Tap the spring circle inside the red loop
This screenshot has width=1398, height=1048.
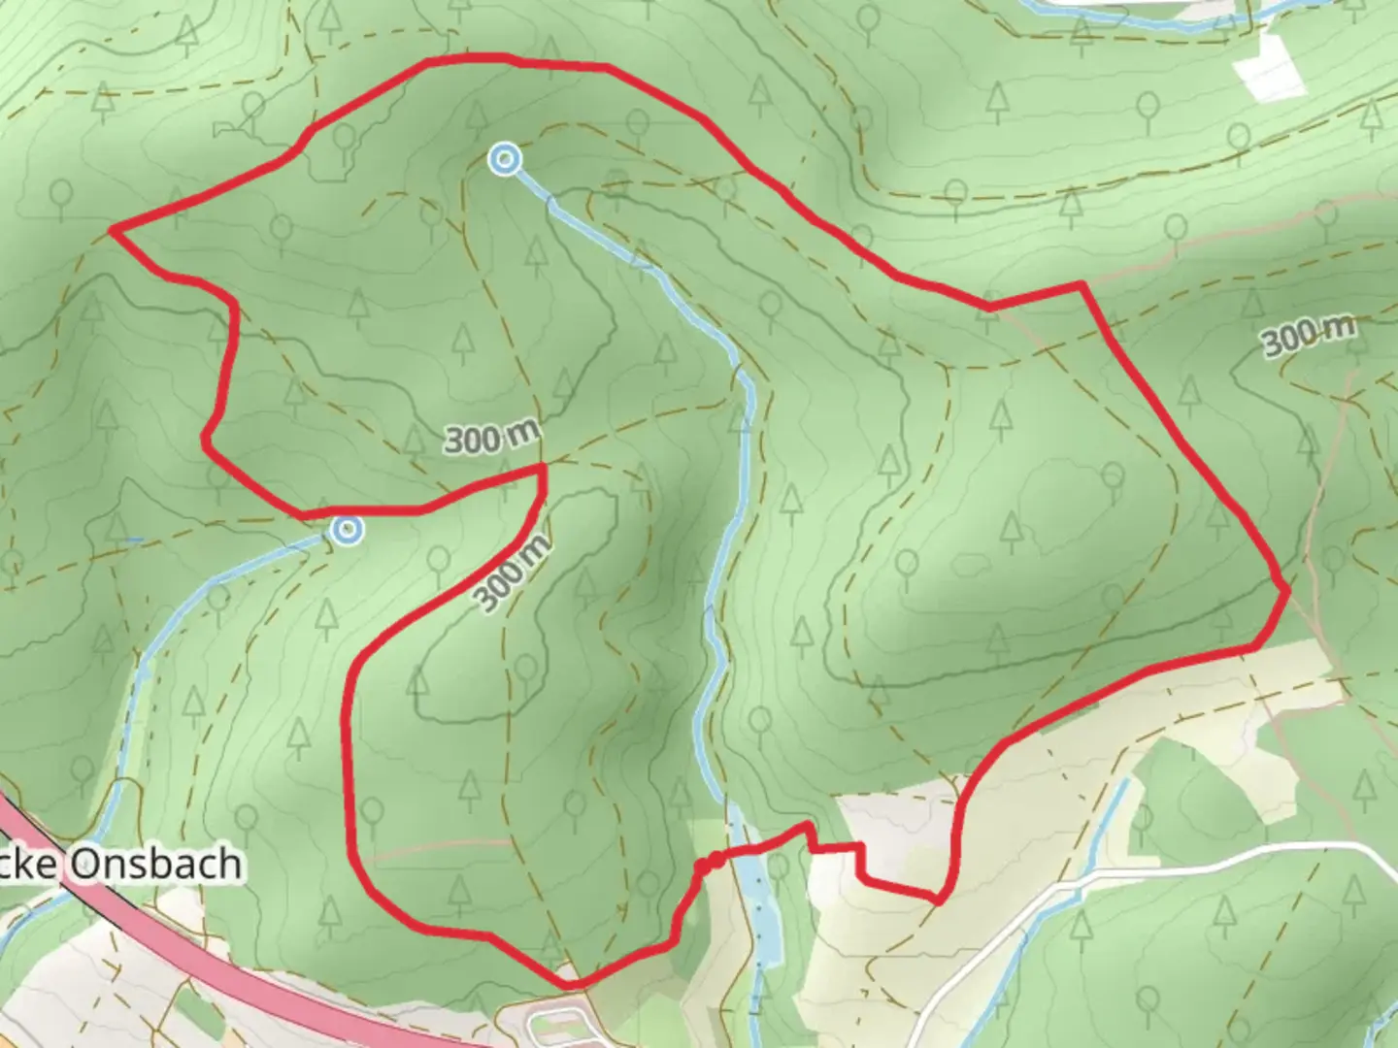tap(504, 159)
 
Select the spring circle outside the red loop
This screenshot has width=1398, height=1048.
tap(348, 530)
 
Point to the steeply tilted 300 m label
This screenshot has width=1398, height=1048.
tap(512, 573)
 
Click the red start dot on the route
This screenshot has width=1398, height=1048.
tap(716, 860)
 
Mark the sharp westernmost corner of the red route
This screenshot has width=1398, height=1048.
tap(114, 231)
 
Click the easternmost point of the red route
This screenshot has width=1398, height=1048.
tap(1286, 589)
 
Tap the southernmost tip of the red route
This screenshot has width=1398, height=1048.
tap(571, 985)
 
